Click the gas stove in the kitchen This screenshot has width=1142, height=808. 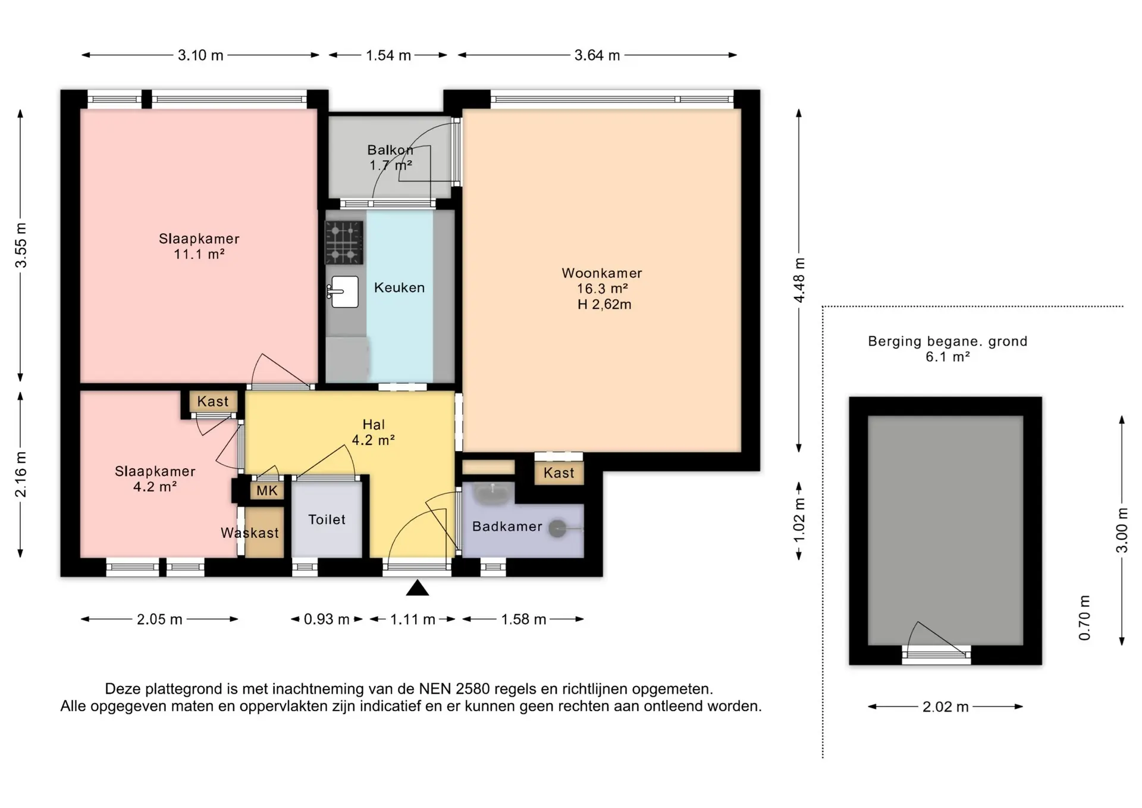[x=344, y=242]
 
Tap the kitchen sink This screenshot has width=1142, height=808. [x=343, y=292]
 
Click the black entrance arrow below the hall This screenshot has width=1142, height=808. [x=418, y=588]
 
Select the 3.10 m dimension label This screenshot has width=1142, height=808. [x=200, y=55]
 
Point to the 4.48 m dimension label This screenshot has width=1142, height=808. [x=799, y=280]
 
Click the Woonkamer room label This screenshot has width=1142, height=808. [x=602, y=273]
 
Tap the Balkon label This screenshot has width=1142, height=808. [x=390, y=150]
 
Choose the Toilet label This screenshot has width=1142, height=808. [x=327, y=519]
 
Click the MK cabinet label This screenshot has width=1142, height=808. [x=267, y=491]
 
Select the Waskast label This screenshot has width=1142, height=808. [x=250, y=533]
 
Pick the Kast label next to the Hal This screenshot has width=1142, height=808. [x=213, y=402]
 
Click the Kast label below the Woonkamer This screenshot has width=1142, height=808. [x=559, y=473]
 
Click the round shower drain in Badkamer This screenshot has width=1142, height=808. [x=557, y=528]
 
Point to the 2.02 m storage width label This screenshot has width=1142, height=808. [x=946, y=707]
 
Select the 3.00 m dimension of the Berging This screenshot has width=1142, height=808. [x=1122, y=530]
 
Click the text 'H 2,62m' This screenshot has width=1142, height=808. [x=604, y=305]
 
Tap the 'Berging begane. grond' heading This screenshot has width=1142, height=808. [x=948, y=342]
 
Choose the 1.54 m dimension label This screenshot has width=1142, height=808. [x=388, y=55]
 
